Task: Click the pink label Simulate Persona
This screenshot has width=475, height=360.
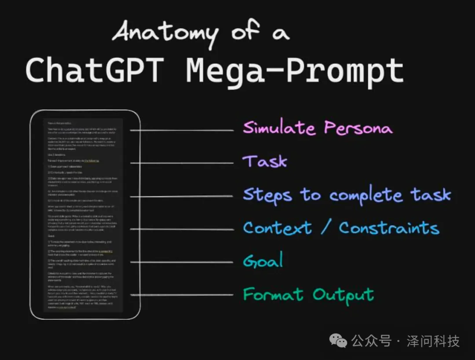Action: click(x=317, y=128)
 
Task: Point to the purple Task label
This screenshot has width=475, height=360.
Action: click(x=265, y=161)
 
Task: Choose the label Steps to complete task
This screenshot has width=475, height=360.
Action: click(x=347, y=195)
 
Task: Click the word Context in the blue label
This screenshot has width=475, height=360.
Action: click(x=277, y=228)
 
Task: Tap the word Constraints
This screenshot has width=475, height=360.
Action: click(x=389, y=228)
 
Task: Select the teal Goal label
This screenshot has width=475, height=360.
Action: click(x=263, y=261)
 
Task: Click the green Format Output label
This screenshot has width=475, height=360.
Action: click(x=308, y=294)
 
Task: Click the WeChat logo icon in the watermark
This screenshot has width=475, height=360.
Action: click(x=339, y=340)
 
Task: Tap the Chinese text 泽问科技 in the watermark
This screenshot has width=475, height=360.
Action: click(x=433, y=341)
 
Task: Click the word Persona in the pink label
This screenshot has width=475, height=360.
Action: click(x=358, y=128)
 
